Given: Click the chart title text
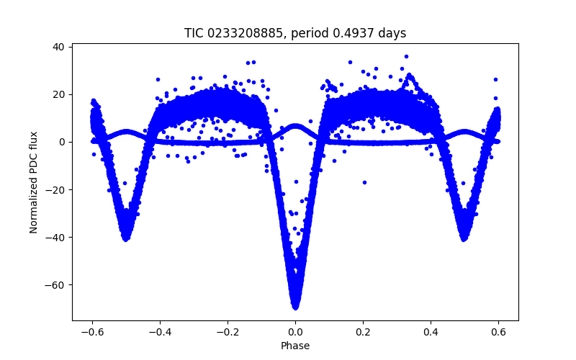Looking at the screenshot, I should pos(295,33).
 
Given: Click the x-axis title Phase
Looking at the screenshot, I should pos(295,346).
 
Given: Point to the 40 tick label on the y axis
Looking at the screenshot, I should pos(58,47).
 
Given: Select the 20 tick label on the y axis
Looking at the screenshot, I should pos(58,94).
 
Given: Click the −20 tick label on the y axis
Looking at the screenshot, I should pos(55,189).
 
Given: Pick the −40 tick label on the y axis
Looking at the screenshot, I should pos(55,237).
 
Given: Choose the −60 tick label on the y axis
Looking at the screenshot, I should pos(55,284).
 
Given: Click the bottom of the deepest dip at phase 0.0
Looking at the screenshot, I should pos(295,307).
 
